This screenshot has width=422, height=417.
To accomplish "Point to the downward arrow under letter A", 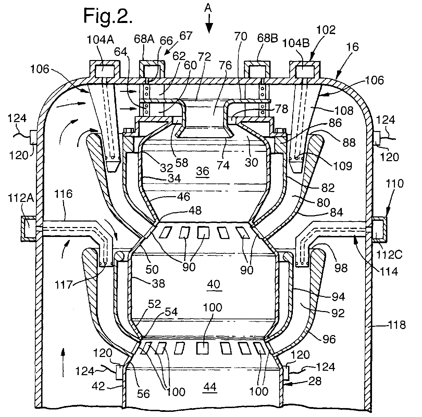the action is point(209,23).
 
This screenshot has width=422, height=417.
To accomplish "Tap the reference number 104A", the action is point(100,40).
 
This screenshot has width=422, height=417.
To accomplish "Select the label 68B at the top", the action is point(268,38).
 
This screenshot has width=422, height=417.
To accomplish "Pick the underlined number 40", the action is point(214,284).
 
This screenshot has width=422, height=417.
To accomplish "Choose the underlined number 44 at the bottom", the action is point(210,387).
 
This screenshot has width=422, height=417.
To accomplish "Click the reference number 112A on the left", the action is point(21,198).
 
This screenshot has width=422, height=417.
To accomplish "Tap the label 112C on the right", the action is point(389,255).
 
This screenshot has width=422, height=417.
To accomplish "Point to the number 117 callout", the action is point(63,285).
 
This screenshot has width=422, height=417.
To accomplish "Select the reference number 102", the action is point(326,30).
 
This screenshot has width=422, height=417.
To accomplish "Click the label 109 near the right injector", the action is point(343,166).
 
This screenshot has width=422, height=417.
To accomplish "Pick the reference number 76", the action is point(225,65).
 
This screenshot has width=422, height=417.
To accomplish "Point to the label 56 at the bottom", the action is point(144,394).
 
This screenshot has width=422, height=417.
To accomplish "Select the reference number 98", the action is point(341,268).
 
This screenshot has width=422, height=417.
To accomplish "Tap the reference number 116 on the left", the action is point(63,194).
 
